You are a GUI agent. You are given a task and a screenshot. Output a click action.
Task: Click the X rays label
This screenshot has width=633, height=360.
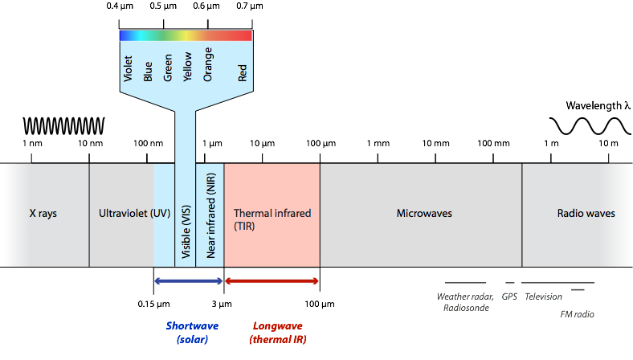(x=43, y=214)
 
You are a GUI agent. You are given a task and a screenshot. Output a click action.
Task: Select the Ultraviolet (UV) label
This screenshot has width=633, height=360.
(x=133, y=214)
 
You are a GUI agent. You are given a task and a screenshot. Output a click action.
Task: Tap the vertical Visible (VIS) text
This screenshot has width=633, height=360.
(x=186, y=215)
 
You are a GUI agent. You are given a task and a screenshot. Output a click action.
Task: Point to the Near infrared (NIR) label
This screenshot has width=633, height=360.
(x=210, y=215)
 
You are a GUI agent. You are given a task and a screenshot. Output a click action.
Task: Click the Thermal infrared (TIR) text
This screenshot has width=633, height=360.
(x=272, y=220)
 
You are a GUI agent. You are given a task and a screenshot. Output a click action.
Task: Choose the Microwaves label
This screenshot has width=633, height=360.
(x=424, y=214)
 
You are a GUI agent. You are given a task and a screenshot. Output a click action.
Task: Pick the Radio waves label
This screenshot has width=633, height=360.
(x=586, y=214)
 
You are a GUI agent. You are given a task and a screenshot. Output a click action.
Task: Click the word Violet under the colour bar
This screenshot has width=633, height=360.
(x=128, y=69)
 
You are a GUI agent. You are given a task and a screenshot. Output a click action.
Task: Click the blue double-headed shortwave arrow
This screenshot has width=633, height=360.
(x=188, y=280)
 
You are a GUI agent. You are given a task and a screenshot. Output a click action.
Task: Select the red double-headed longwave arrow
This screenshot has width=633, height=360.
(x=272, y=280)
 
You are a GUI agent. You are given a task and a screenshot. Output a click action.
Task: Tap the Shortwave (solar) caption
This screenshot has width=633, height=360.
(x=192, y=333)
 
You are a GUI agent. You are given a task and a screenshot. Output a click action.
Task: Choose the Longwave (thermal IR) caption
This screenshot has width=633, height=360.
(x=278, y=333)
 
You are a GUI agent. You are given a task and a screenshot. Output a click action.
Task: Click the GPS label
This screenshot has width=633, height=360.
(x=509, y=297)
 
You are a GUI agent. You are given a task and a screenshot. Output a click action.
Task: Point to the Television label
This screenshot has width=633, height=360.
(x=543, y=297)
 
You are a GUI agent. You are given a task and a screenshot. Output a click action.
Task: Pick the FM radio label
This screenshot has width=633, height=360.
(x=577, y=314)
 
